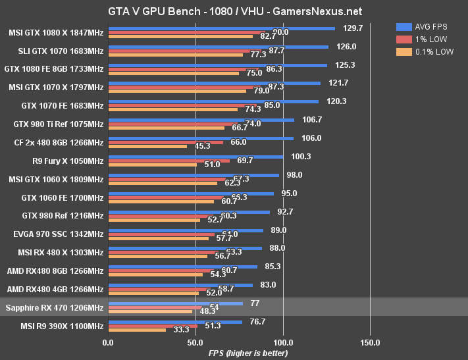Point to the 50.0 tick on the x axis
click(x=195, y=342)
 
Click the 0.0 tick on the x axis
click(x=108, y=342)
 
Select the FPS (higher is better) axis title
click(x=248, y=353)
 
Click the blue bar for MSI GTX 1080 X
click(x=221, y=28)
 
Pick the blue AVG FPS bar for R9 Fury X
click(x=195, y=156)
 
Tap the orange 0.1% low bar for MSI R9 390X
click(x=137, y=330)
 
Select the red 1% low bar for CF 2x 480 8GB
click(x=165, y=142)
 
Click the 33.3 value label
click(x=181, y=330)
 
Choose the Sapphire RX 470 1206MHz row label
click(x=54, y=307)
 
